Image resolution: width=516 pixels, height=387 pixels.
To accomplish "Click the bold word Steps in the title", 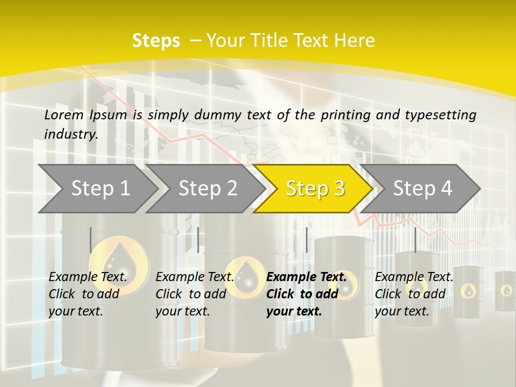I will (x=156, y=41).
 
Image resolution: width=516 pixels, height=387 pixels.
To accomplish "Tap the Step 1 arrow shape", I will (x=100, y=189).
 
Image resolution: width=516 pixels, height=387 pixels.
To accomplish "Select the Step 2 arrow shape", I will (x=207, y=189).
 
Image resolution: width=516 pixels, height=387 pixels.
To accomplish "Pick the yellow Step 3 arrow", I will (x=315, y=189).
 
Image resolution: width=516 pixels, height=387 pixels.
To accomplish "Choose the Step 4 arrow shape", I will (x=422, y=189).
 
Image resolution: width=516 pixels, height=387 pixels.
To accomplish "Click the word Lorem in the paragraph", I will (x=64, y=115).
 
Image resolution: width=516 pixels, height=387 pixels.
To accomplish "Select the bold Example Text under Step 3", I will (x=306, y=277).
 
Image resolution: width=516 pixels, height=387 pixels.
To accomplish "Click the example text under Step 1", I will (x=88, y=293).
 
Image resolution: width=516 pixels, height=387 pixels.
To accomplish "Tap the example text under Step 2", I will (x=195, y=293).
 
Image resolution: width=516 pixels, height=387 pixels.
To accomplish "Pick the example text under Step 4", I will (x=414, y=293).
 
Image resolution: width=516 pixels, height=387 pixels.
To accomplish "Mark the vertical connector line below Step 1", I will (x=91, y=240).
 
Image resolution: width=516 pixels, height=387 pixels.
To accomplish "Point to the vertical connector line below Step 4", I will (x=415, y=240).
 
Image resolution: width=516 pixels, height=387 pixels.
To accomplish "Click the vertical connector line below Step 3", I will (x=306, y=240).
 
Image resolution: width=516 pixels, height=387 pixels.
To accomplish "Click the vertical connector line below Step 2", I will (x=198, y=240).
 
